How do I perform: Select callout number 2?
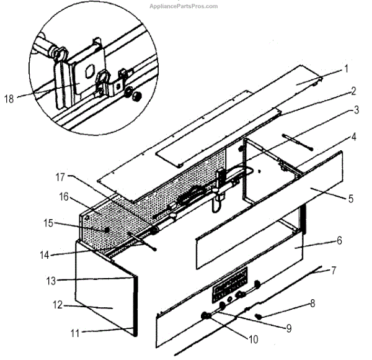pyautogui.click(x=352, y=91)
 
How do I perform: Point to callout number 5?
pyautogui.click(x=351, y=199)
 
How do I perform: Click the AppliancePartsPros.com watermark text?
pyautogui.click(x=184, y=6)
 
